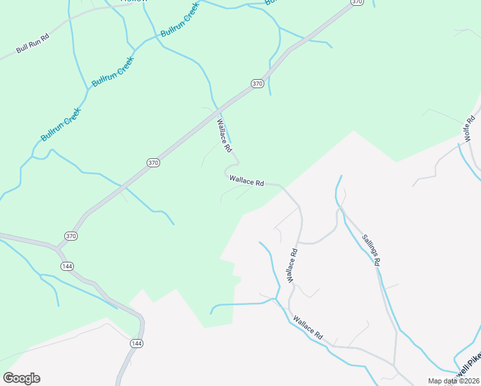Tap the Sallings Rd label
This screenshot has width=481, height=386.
pyautogui.click(x=370, y=249)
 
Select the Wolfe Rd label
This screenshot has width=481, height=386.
pyautogui.click(x=471, y=129)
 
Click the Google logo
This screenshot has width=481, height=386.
pyautogui.click(x=21, y=378)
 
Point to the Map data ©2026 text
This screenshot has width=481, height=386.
pyautogui.click(x=454, y=381)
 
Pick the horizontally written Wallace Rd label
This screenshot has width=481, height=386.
pyautogui.click(x=247, y=183)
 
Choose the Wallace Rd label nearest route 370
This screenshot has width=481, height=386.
pyautogui.click(x=224, y=135)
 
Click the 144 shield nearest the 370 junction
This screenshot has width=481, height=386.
pyautogui.click(x=67, y=266)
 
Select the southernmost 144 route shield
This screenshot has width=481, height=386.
pyautogui.click(x=136, y=344)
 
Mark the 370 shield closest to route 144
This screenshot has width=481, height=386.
pyautogui.click(x=71, y=236)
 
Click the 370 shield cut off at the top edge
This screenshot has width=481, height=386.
pyautogui.click(x=357, y=3)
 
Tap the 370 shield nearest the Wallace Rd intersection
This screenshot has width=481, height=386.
pyautogui.click(x=257, y=84)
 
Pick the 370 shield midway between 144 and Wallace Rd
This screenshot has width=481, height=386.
pyautogui.click(x=152, y=163)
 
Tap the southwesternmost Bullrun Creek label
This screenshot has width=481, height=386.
pyautogui.click(x=61, y=129)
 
